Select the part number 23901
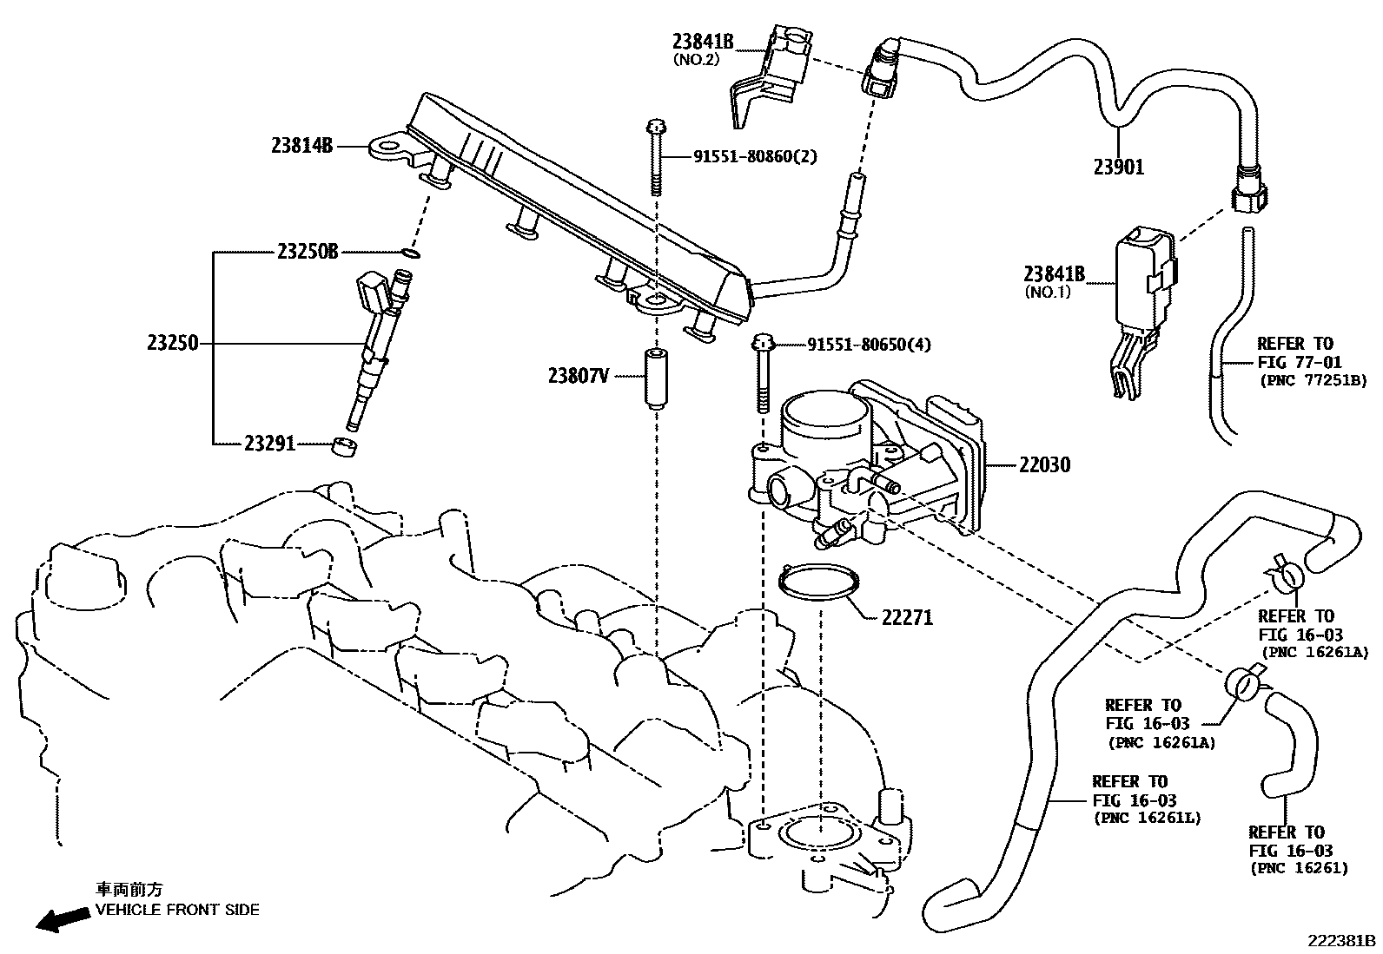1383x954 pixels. (x=1119, y=168)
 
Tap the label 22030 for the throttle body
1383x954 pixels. (x=1044, y=465)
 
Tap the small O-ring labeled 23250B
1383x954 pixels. (x=412, y=253)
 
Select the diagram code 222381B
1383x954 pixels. (x=1343, y=940)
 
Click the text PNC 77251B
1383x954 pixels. (x=1313, y=380)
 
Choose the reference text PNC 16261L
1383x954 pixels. (x=1147, y=818)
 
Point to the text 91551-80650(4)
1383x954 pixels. (x=869, y=345)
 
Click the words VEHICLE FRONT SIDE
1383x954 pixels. (x=176, y=910)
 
